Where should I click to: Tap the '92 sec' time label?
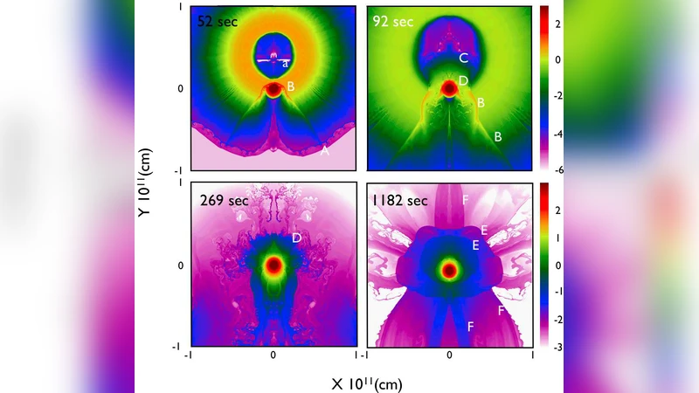coord(391,21)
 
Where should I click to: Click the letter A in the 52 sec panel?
coord(325,151)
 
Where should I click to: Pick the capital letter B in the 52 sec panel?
coord(291,86)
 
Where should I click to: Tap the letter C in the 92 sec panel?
coord(464,59)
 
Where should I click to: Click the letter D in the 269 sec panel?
coord(296,238)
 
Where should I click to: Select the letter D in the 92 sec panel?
coord(464,80)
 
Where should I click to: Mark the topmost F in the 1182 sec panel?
coord(466,200)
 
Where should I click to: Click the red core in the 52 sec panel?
coord(273,88)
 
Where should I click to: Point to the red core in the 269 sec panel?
coord(273,265)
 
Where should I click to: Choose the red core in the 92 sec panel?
coord(450,87)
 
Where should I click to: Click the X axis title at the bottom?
coord(367,383)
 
